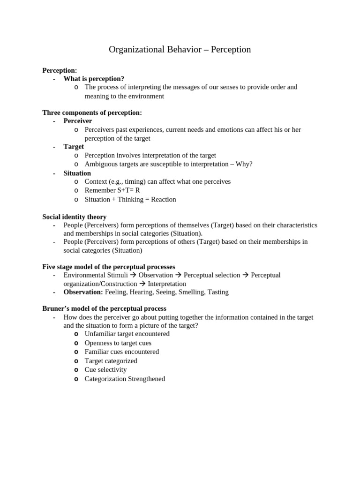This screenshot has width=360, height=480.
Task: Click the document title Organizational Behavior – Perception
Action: [x=180, y=49]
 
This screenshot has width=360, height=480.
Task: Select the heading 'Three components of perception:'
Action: [x=92, y=112]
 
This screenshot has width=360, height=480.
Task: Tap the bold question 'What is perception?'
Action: [x=94, y=79]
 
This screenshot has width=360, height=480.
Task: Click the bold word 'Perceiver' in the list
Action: [x=78, y=121]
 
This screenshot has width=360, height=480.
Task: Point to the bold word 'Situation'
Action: [x=77, y=173]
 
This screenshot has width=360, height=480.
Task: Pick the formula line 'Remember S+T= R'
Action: [x=112, y=190]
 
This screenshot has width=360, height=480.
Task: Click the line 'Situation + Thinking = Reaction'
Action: [x=130, y=199]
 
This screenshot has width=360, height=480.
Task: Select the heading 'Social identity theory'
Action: [x=74, y=217]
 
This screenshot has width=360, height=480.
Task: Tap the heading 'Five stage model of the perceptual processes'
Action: [x=109, y=266]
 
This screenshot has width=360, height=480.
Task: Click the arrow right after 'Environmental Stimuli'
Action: [x=133, y=275]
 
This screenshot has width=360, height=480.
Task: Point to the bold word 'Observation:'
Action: [x=83, y=292]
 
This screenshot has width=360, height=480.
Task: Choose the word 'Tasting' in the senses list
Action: [x=217, y=292]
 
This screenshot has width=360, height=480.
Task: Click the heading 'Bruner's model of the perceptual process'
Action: [x=104, y=308]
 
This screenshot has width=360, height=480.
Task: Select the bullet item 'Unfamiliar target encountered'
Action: [x=127, y=334]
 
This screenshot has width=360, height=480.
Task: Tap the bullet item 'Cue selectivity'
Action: [x=105, y=369]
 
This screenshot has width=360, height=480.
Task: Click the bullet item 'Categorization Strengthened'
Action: [x=125, y=379]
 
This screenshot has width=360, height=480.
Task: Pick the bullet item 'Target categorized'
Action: [x=111, y=361]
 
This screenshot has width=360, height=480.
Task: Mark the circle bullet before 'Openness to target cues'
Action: [x=76, y=343]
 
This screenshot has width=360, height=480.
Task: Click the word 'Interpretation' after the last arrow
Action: [x=167, y=284]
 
